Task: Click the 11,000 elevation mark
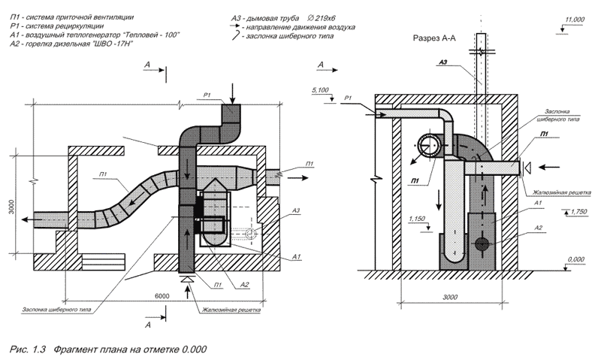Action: pyautogui.click(x=575, y=20)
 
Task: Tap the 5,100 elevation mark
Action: pyautogui.click(x=321, y=90)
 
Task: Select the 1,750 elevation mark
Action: pyautogui.click(x=578, y=212)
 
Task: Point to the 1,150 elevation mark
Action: pyautogui.click(x=417, y=219)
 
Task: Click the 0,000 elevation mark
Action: pyautogui.click(x=575, y=259)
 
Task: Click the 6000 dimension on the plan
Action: pyautogui.click(x=162, y=296)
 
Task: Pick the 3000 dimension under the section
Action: pyautogui.click(x=450, y=297)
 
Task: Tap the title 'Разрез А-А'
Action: pyautogui.click(x=434, y=38)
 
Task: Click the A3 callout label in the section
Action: pyautogui.click(x=443, y=62)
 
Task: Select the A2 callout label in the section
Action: pyautogui.click(x=539, y=228)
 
